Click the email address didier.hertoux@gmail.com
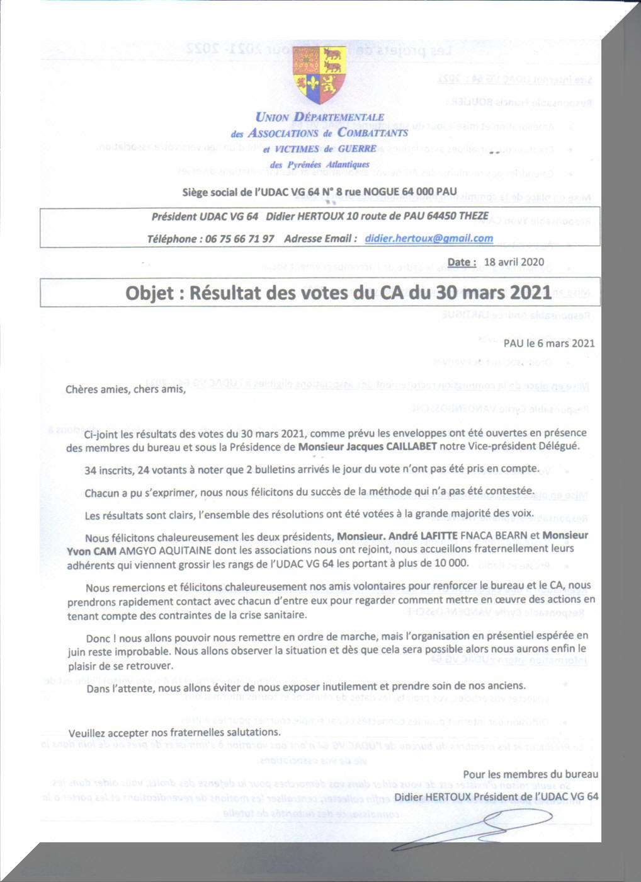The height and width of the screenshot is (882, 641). point(429,238)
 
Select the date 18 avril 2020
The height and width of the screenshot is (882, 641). point(514,262)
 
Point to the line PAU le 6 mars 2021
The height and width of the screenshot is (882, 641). point(548,343)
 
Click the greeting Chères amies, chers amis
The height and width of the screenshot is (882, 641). point(126,389)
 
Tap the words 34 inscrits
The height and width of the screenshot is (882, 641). point(108,469)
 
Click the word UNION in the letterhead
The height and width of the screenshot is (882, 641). point(272,117)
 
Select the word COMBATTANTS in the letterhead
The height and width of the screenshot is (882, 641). point(373,132)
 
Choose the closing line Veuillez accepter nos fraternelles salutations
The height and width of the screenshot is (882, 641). point(174,733)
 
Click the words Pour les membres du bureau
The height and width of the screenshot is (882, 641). point(530,774)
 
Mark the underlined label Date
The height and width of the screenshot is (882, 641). point(461,262)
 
